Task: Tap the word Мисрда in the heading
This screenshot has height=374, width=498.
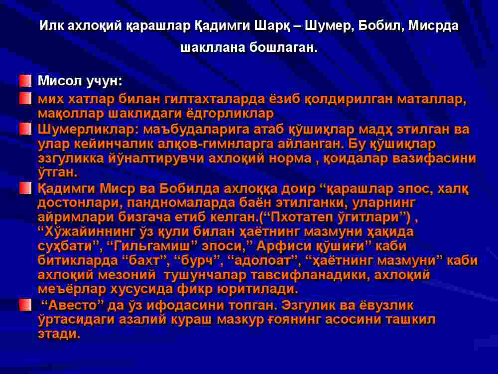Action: pyautogui.click(x=433, y=26)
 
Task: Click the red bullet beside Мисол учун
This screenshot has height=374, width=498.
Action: pyautogui.click(x=25, y=81)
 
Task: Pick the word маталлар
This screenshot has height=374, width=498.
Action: pyautogui.click(x=432, y=99)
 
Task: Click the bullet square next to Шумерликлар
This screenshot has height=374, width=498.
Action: pyautogui.click(x=25, y=129)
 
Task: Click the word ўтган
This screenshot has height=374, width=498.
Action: pyautogui.click(x=57, y=173)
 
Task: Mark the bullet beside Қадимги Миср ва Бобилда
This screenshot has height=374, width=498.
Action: pyautogui.click(x=25, y=188)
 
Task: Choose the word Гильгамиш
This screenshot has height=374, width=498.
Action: pyautogui.click(x=150, y=246)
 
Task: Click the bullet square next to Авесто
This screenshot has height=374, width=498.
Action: pyautogui.click(x=25, y=305)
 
